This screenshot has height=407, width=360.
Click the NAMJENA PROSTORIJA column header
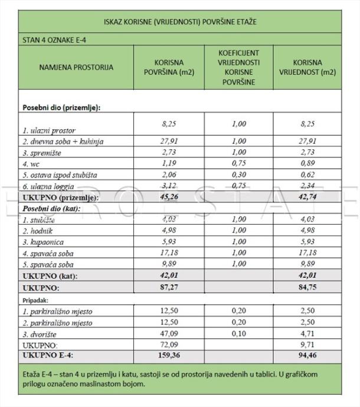pyautogui.click(x=76, y=68)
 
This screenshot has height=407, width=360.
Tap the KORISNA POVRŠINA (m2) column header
pyautogui.click(x=169, y=68)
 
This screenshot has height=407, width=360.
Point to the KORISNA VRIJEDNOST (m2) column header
pyautogui.click(x=307, y=68)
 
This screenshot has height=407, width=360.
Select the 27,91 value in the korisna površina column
pyautogui.click(x=169, y=142)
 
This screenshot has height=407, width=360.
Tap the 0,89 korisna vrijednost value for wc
pyautogui.click(x=307, y=164)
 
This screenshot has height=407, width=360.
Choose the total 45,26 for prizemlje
pyautogui.click(x=169, y=198)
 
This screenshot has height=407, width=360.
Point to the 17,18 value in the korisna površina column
pyautogui.click(x=169, y=253)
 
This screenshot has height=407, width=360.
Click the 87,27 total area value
pyautogui.click(x=169, y=288)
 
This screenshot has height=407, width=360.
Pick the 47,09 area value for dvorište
pyautogui.click(x=169, y=333)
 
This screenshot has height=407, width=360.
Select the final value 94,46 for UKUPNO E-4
pyautogui.click(x=307, y=356)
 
